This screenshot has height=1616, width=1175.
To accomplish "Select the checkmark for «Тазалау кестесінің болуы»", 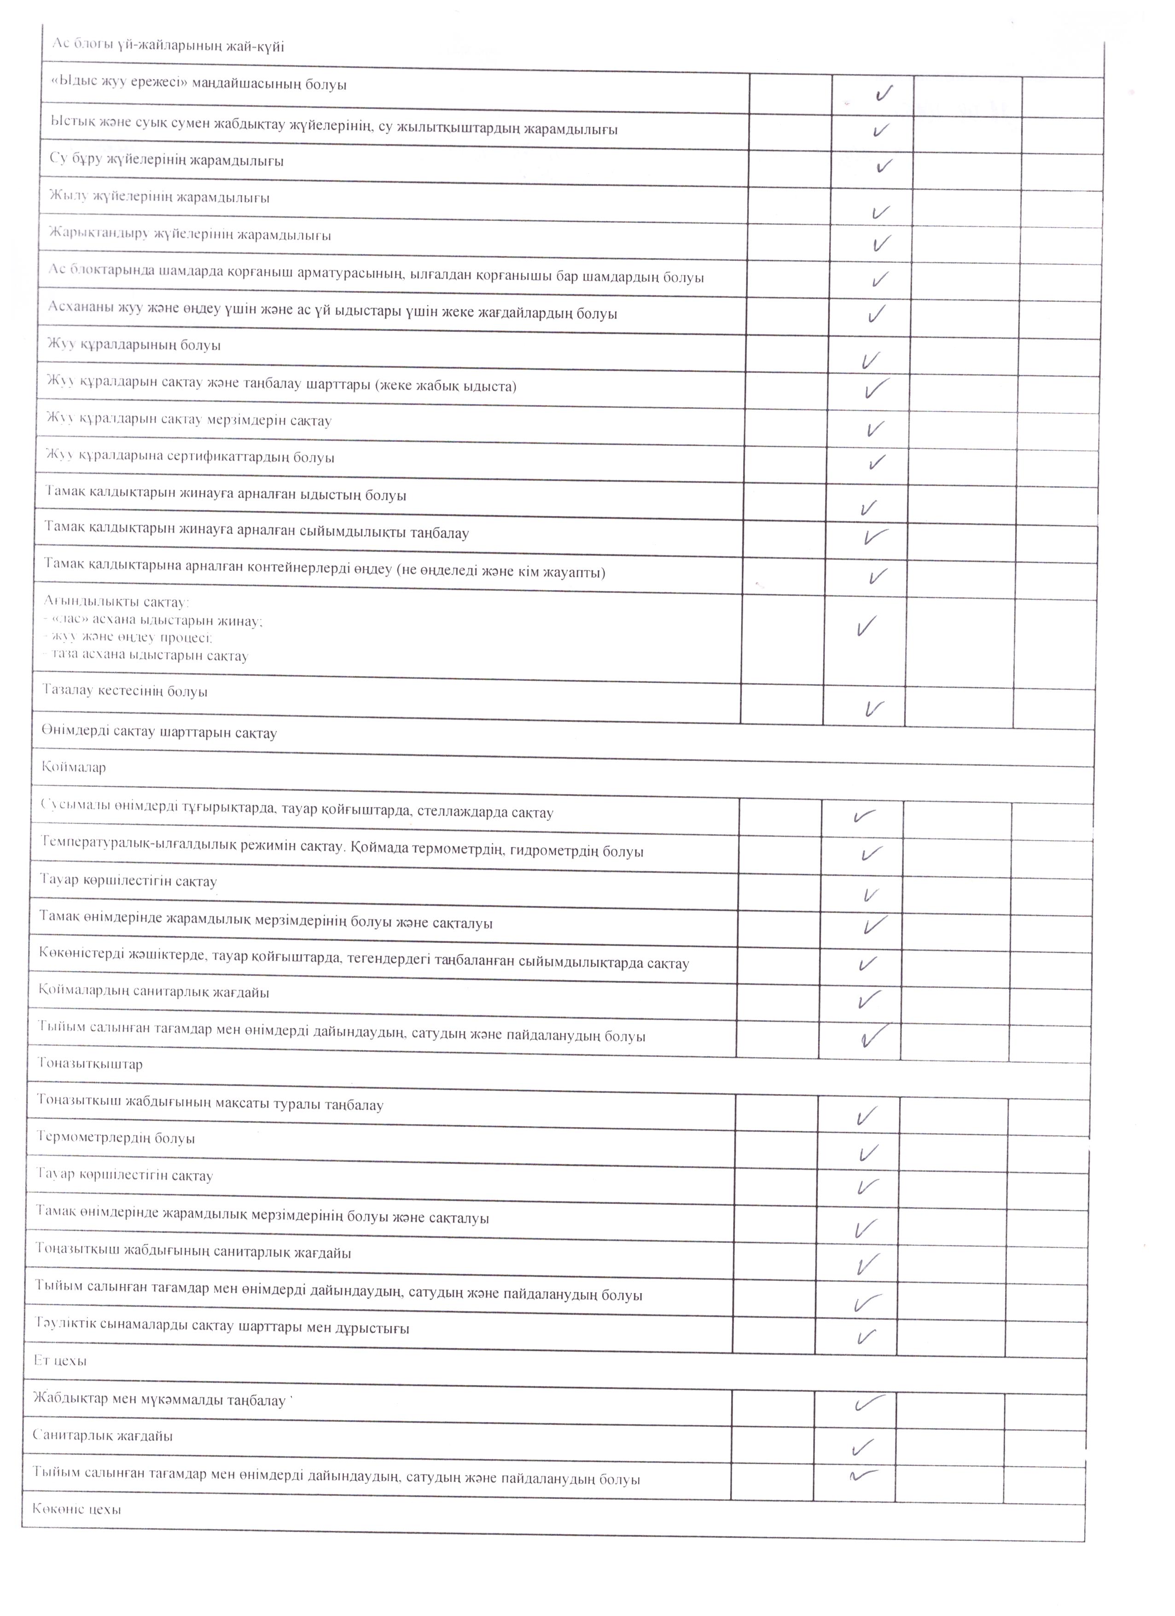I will [873, 708].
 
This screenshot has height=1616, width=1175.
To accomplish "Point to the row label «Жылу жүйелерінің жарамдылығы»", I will [159, 197].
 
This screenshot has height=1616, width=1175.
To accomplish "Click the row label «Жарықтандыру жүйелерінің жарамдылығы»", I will [190, 234].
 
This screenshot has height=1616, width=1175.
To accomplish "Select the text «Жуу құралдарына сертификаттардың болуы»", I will [190, 457].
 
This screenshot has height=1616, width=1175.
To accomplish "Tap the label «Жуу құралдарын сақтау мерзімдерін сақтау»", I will [189, 420].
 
